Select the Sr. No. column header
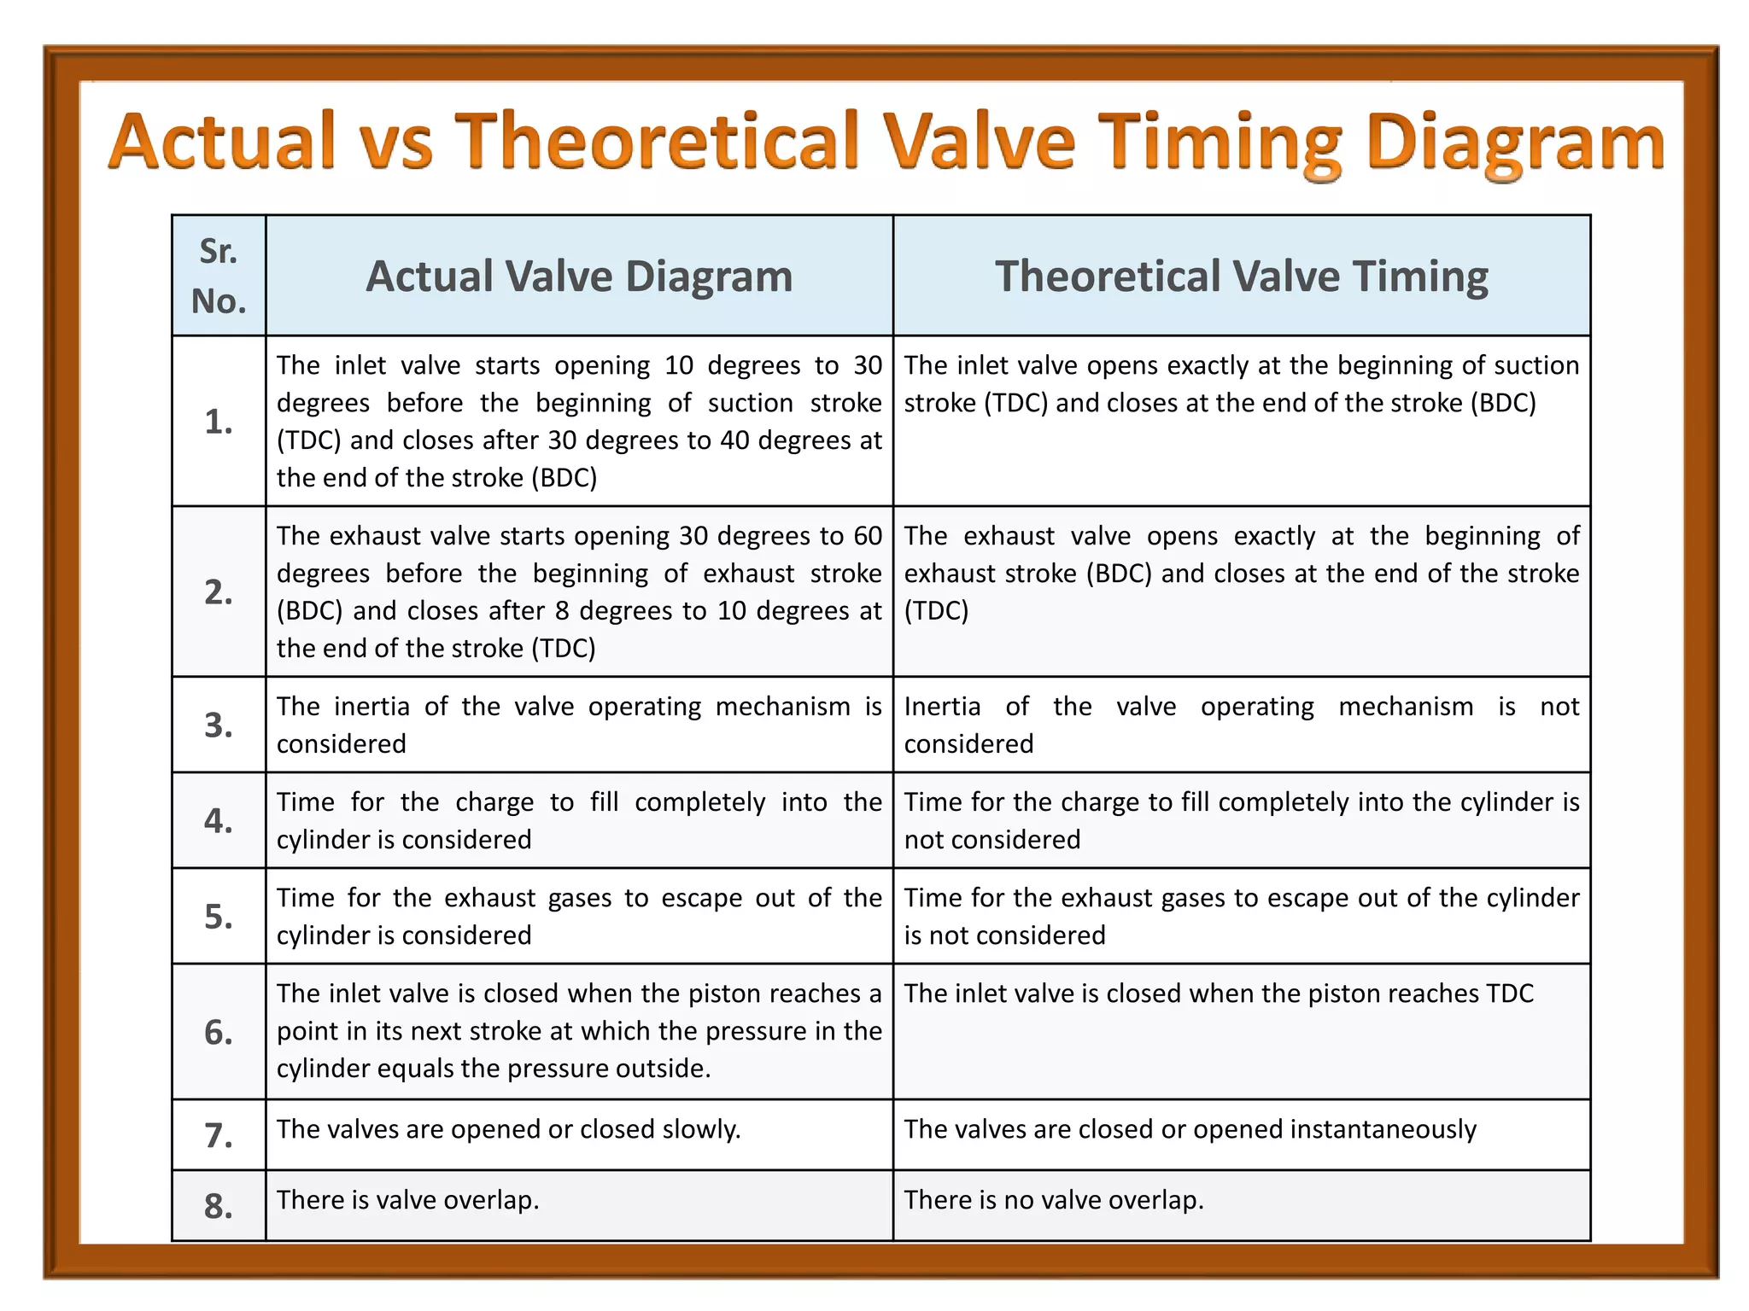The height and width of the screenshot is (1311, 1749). pyautogui.click(x=219, y=276)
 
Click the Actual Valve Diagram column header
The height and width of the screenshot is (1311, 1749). pyautogui.click(x=579, y=277)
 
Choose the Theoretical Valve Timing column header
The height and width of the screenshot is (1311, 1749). pyautogui.click(x=1241, y=277)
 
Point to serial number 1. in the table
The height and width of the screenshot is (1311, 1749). pyautogui.click(x=219, y=422)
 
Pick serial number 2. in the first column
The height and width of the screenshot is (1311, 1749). pyautogui.click(x=219, y=592)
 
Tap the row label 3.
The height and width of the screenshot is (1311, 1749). pyautogui.click(x=219, y=725)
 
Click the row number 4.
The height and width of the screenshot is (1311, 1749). pyautogui.click(x=219, y=821)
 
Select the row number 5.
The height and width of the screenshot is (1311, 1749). pyautogui.click(x=219, y=917)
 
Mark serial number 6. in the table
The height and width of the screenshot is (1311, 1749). pyautogui.click(x=219, y=1033)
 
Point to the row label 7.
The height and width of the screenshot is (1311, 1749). pyautogui.click(x=219, y=1136)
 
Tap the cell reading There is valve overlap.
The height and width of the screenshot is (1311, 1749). pyautogui.click(x=408, y=1200)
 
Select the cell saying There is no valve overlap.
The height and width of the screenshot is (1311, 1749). pyautogui.click(x=1054, y=1200)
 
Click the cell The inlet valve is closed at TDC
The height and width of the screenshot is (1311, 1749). pyautogui.click(x=1219, y=993)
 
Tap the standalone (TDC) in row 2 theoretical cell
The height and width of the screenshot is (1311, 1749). pyautogui.click(x=936, y=611)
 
